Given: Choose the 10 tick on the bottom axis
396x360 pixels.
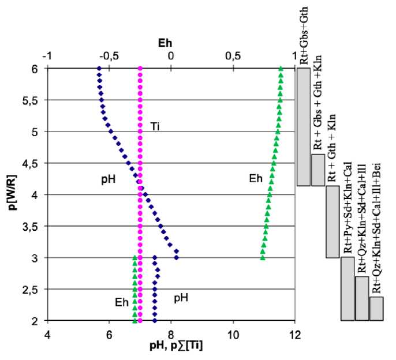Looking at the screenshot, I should (x=233, y=333).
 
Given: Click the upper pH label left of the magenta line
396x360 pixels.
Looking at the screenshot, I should (x=109, y=179).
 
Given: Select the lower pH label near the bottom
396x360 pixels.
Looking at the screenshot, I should (x=181, y=298).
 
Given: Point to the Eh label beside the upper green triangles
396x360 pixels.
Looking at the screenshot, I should (x=256, y=179).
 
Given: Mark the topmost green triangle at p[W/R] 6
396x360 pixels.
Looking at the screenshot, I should (x=281, y=69).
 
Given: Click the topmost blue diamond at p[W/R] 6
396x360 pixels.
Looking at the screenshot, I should (x=99, y=69).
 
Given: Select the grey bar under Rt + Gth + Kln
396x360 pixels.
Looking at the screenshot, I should (x=332, y=222).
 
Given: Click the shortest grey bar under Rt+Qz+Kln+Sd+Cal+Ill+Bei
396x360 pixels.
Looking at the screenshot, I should (x=376, y=308).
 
